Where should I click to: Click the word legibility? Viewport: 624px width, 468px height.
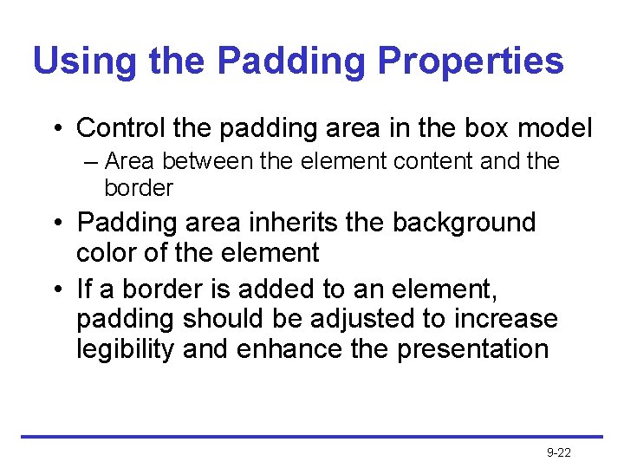pos(127,349)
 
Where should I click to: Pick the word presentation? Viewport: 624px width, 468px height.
pos(473,349)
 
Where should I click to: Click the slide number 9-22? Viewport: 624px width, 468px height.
pos(559,452)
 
